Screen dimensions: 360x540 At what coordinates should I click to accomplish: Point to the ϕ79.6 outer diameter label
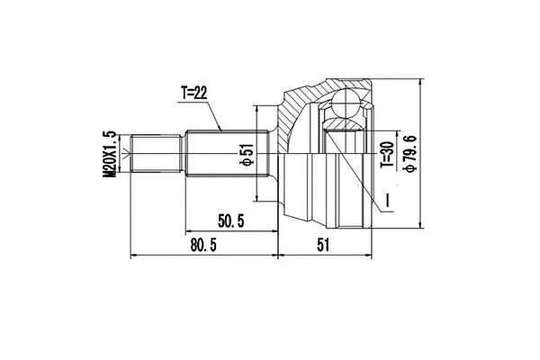(x=410, y=158)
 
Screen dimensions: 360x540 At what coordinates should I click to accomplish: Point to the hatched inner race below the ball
(x=345, y=126)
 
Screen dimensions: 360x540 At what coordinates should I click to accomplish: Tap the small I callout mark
(x=384, y=200)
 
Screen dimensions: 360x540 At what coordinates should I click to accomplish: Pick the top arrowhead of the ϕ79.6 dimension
(x=423, y=82)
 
